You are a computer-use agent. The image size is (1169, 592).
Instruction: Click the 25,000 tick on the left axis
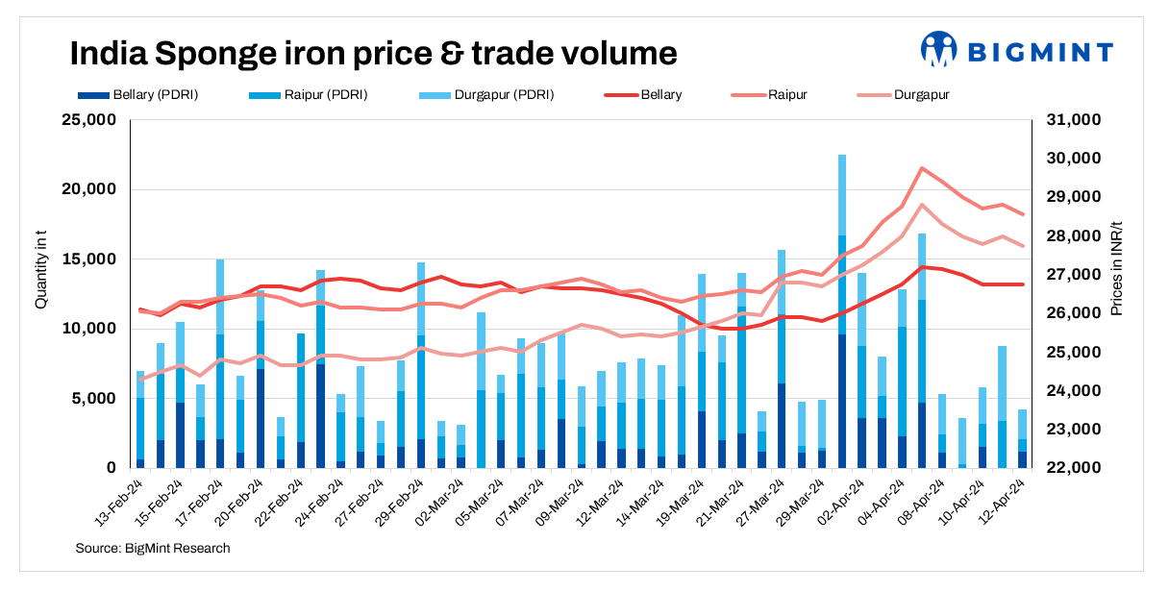point(88,120)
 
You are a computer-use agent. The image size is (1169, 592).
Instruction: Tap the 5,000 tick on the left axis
point(93,398)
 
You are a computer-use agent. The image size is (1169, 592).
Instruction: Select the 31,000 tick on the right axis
point(1075,120)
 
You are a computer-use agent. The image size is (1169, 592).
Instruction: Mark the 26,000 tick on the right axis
point(1075,313)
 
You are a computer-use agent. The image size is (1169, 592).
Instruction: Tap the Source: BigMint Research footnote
point(152,549)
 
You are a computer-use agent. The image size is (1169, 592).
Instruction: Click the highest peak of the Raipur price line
point(922,168)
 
